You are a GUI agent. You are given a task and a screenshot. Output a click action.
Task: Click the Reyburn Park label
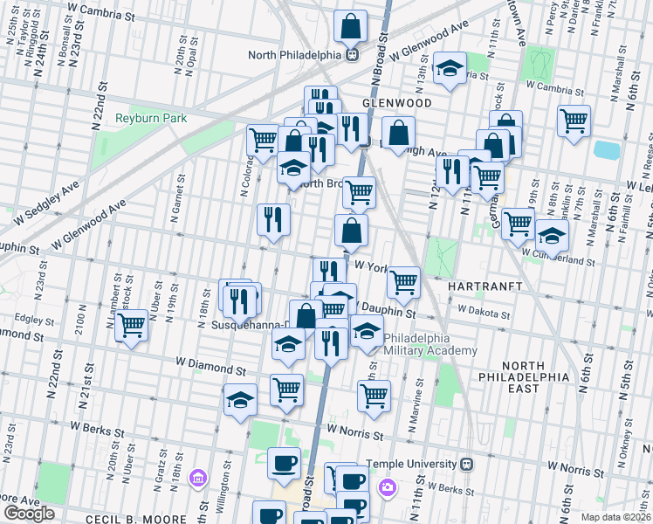(148, 117)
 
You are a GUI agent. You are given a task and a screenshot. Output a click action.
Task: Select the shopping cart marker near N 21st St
(131, 326)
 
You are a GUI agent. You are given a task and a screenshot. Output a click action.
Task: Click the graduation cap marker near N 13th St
(450, 69)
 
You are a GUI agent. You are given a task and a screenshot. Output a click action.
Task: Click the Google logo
(29, 514)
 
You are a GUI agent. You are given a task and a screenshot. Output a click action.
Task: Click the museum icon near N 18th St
(198, 478)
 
